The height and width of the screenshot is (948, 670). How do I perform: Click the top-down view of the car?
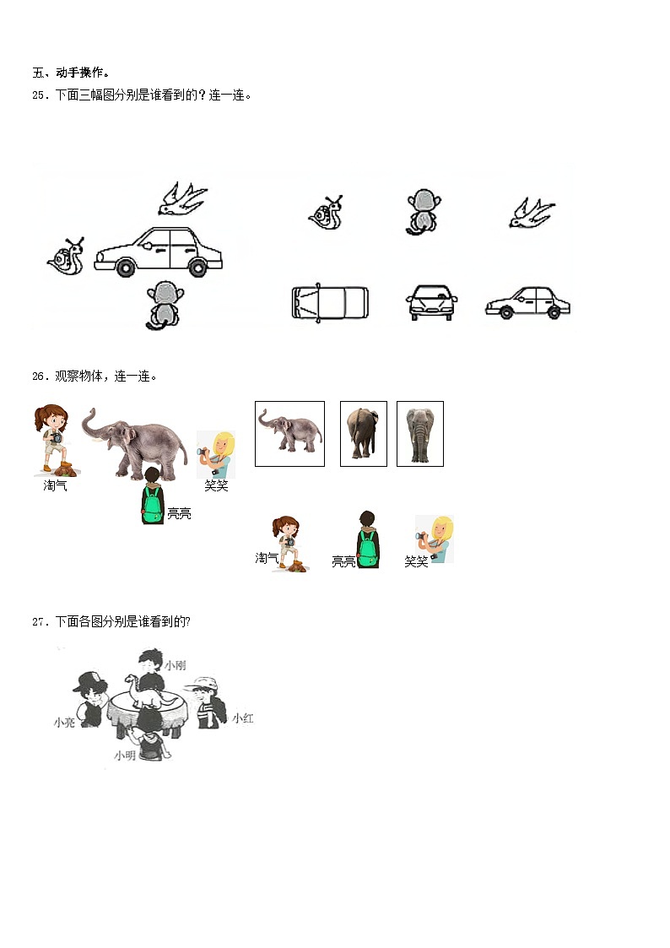(x=330, y=301)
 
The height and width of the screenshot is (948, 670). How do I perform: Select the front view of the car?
(x=431, y=301)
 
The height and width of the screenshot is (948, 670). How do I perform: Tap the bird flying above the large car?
(x=182, y=198)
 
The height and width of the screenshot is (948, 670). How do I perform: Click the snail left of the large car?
(x=66, y=257)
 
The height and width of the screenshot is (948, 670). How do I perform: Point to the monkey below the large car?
(x=165, y=306)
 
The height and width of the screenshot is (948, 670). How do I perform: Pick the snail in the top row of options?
(x=327, y=213)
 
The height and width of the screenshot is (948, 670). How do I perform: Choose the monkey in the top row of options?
(x=423, y=211)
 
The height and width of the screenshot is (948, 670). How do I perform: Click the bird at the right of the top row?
(x=531, y=214)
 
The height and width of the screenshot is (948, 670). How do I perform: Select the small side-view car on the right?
(x=528, y=302)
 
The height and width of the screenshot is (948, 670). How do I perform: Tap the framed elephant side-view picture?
(x=290, y=434)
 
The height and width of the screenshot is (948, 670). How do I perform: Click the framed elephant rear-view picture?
(x=364, y=434)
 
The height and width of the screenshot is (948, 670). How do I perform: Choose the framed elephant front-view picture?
(x=420, y=434)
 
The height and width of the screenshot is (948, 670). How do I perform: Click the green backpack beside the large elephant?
(x=152, y=505)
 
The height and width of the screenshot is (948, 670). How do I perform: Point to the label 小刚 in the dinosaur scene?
(x=176, y=665)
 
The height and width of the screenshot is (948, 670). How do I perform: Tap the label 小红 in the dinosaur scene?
(x=243, y=718)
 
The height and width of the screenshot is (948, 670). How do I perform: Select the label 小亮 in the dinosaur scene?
(x=64, y=723)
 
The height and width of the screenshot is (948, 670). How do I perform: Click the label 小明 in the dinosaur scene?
(x=125, y=756)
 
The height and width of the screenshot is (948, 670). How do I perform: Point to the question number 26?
(x=39, y=376)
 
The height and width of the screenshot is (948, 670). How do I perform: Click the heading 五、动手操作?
(x=71, y=73)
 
